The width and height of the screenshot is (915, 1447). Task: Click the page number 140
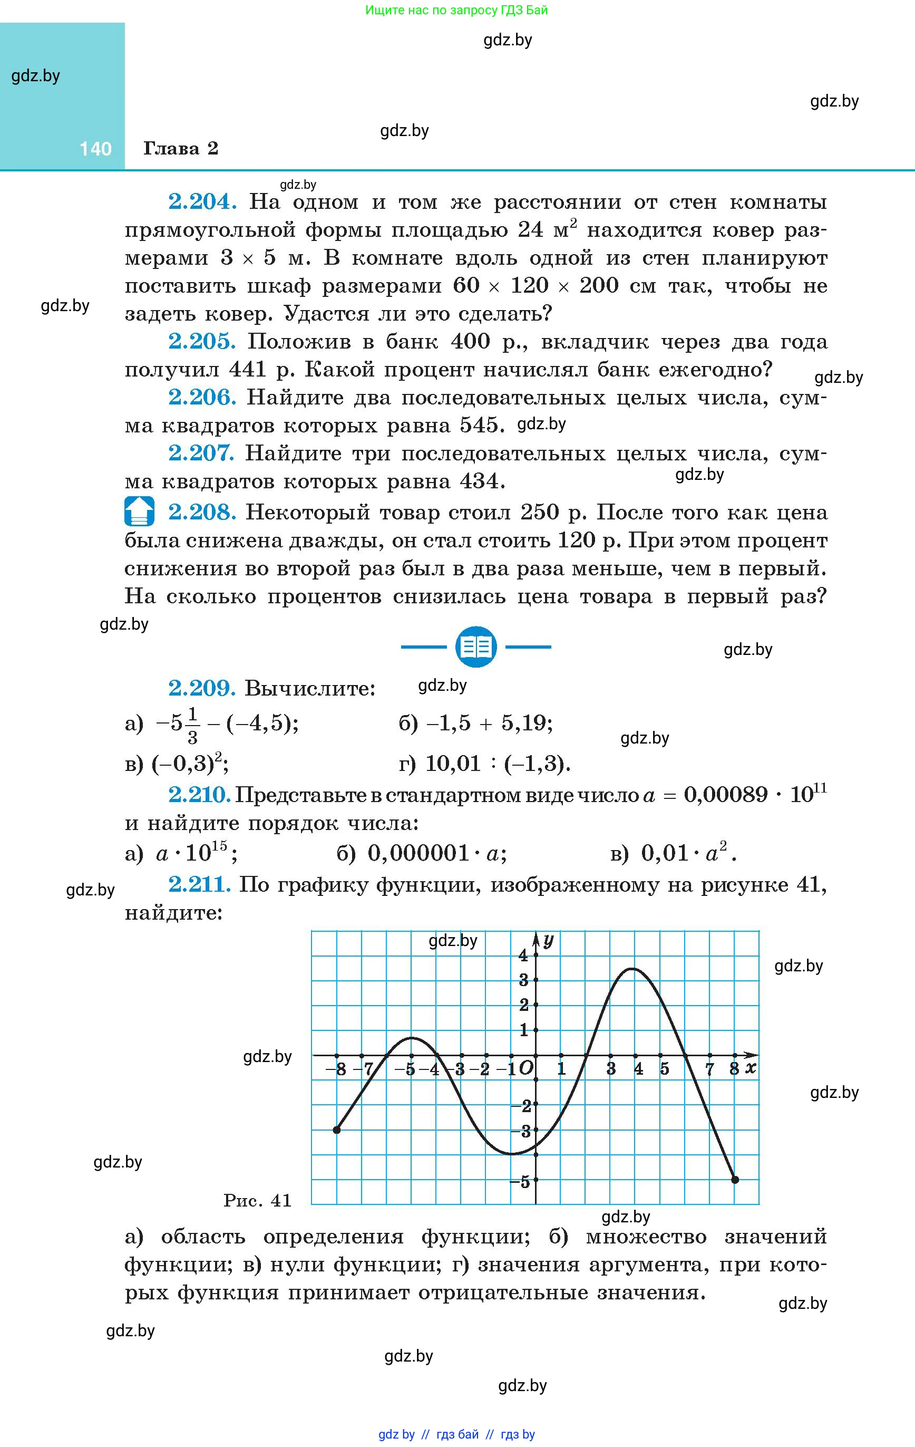[x=95, y=148]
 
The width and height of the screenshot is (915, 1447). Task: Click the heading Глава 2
[x=180, y=148]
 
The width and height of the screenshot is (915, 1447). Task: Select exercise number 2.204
[x=202, y=201]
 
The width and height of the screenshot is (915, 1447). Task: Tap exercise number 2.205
[x=202, y=341]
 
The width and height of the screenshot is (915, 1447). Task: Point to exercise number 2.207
[x=201, y=453]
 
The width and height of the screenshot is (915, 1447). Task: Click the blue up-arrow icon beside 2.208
[x=139, y=512]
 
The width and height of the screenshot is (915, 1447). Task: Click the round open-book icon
[x=476, y=647]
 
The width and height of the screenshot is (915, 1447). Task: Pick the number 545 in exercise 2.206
[x=479, y=426]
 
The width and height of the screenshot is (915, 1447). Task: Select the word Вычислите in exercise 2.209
[x=310, y=688]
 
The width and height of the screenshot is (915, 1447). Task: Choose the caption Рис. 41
[x=257, y=1200]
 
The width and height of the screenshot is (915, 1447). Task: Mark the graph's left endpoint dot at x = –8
[x=336, y=1130]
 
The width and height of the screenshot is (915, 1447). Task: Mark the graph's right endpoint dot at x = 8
[x=735, y=1180]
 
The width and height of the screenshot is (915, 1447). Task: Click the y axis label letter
[x=548, y=940]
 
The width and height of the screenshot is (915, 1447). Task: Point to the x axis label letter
[x=750, y=1068]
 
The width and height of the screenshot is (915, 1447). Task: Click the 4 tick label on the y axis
[x=523, y=956]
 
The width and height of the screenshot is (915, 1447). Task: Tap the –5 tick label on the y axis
[x=521, y=1181]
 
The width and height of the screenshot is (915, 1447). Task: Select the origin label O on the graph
[x=525, y=1068]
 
